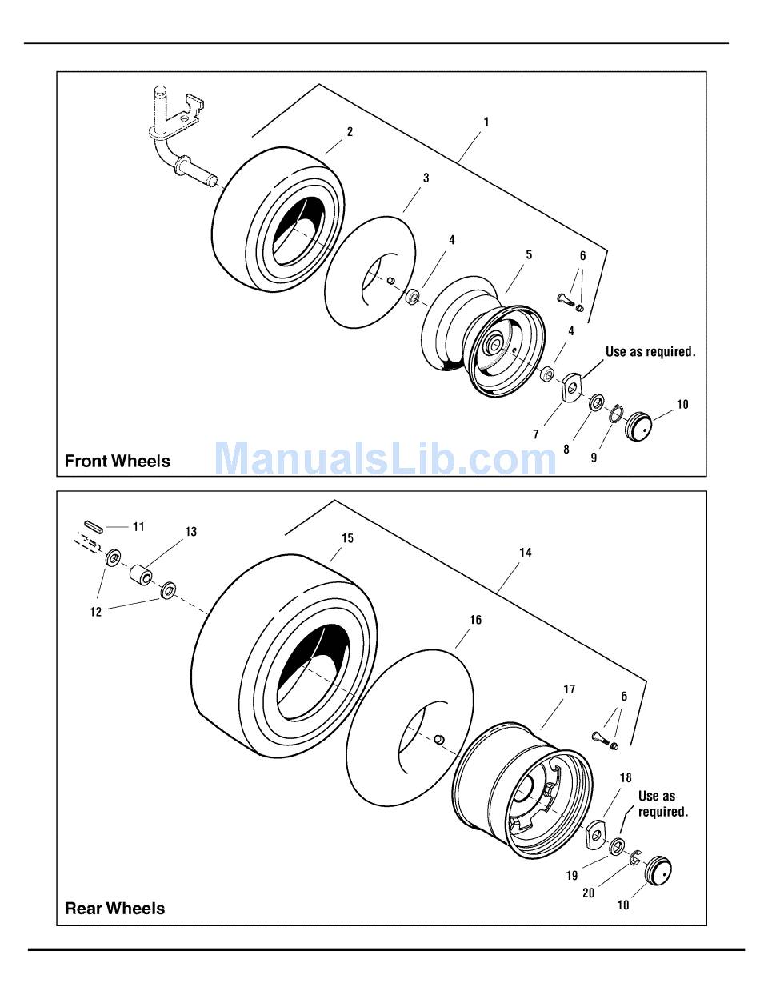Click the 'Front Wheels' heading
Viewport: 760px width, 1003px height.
pos(118,461)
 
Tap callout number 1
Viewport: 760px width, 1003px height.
pos(486,122)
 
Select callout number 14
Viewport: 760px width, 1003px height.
pos(526,553)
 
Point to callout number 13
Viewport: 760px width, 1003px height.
pos(191,532)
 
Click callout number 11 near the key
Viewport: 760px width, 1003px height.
pos(139,527)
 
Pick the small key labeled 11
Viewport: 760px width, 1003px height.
pos(94,525)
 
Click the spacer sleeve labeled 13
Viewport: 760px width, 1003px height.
pos(142,575)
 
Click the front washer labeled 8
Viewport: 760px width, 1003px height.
pos(595,402)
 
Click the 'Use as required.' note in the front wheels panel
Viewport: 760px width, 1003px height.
pos(650,352)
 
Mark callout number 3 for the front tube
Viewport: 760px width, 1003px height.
pos(426,178)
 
